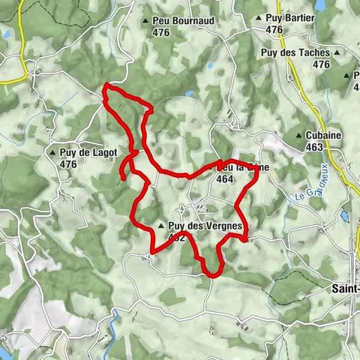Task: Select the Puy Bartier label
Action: point(288,16)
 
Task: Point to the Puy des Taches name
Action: point(295,53)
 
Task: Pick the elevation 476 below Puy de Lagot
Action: point(68,164)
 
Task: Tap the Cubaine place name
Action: point(324,135)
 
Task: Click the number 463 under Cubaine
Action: point(314,147)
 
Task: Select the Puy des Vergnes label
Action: point(205,225)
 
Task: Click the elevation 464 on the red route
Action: point(223,179)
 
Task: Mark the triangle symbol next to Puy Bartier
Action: point(258,16)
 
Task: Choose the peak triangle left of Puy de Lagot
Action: point(52,153)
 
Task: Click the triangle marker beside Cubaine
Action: point(298,136)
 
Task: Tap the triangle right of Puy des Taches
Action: point(337,53)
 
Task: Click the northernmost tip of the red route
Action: point(106,87)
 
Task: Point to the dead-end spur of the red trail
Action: point(121,178)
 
